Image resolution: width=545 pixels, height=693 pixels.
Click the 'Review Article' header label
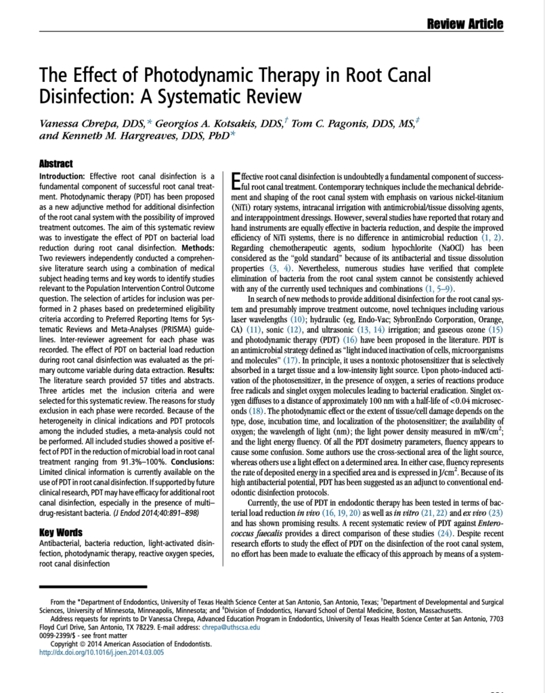(464, 25)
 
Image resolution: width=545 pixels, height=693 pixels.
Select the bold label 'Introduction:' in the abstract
(64, 177)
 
